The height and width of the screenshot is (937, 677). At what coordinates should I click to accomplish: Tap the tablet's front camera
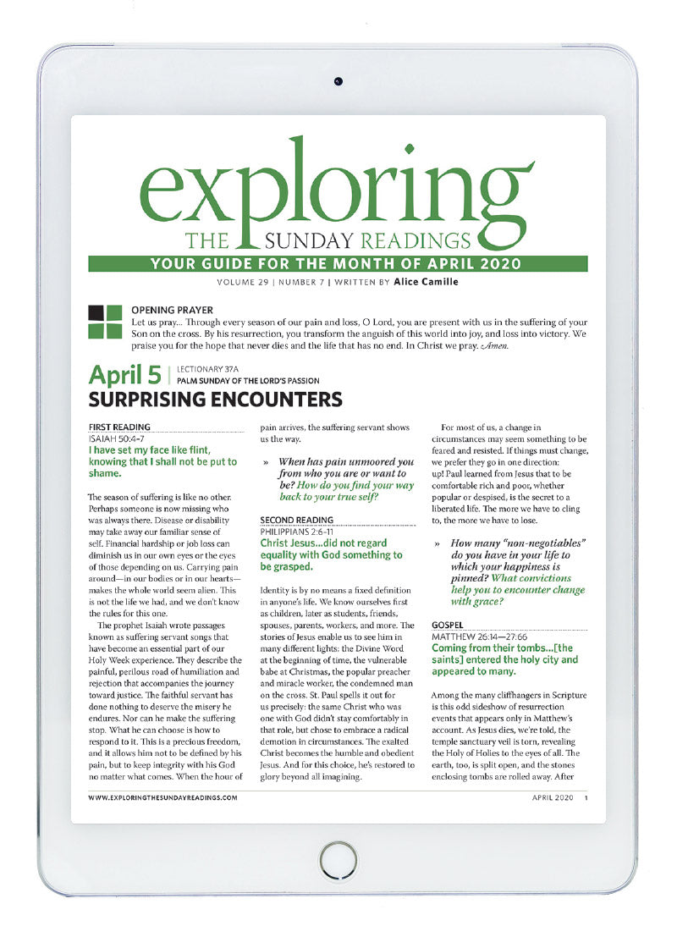click(338, 81)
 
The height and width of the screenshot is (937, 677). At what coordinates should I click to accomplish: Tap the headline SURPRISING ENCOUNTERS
click(215, 399)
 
